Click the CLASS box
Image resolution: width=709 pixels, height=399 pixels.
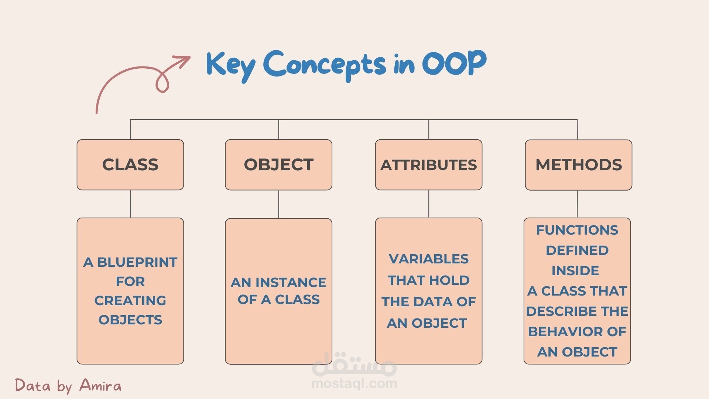[130, 165]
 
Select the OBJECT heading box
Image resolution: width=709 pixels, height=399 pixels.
[279, 165]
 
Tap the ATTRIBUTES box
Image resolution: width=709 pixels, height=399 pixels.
[429, 165]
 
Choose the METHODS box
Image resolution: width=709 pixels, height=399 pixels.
[579, 165]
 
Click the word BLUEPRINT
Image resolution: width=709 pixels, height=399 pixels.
[137, 262]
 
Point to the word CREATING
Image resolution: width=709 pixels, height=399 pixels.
[130, 301]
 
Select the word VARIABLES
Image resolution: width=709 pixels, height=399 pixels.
[429, 259]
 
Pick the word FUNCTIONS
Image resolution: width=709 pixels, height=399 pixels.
[577, 230]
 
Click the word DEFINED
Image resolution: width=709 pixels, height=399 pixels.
[577, 250]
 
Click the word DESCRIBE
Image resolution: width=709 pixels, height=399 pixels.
[562, 311]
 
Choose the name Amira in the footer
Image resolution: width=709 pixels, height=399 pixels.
[100, 385]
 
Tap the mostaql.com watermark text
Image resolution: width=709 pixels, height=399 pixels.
[354, 383]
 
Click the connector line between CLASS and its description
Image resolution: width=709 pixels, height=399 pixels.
[130, 204]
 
